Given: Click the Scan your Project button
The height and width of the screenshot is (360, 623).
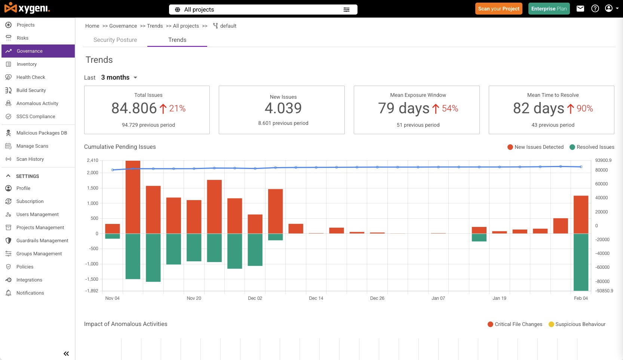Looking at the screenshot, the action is tap(499, 9).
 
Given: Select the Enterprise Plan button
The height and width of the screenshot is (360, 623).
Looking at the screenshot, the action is tap(549, 9).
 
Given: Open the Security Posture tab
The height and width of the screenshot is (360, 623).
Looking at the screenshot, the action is tap(115, 40).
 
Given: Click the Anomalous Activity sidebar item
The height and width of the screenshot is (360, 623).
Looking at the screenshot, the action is tap(37, 104).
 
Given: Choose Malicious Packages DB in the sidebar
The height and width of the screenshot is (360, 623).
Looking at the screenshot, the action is tap(42, 133).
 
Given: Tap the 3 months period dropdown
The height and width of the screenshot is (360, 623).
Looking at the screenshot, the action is tap(119, 77).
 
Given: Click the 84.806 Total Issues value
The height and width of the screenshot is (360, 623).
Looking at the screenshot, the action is tap(134, 108).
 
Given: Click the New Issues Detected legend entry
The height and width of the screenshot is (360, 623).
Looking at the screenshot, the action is tap(535, 147).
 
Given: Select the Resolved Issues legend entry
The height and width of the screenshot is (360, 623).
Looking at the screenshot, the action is tap(592, 147).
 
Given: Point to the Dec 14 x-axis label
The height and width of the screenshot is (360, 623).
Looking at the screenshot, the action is tap(316, 298).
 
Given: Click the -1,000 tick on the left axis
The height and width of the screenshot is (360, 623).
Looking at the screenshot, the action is tap(92, 264).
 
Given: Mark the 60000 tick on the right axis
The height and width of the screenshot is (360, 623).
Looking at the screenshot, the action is tap(601, 184).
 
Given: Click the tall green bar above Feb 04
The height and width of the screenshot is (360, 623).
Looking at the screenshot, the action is tap(581, 262).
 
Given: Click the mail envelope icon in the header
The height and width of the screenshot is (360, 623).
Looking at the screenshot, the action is tap(580, 9).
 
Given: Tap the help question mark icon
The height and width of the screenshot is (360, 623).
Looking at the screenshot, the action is tap(595, 9).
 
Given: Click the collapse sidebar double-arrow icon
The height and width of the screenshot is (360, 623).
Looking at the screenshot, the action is tap(66, 354).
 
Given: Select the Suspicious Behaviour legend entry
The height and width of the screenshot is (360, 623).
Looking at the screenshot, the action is tap(577, 324).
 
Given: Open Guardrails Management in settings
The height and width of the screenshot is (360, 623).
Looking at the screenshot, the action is tap(42, 240).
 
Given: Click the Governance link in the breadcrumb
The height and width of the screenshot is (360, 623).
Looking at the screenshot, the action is tap(123, 26).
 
